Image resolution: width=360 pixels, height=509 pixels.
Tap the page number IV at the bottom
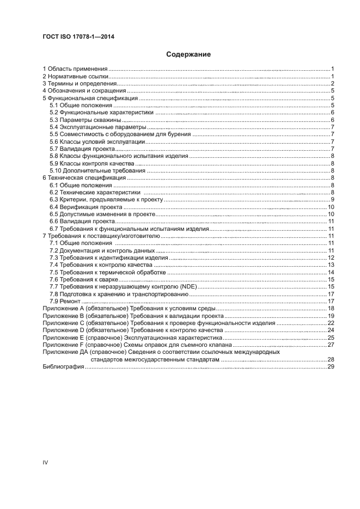coord(45,463)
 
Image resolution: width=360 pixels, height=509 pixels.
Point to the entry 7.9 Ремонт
coord(65,301)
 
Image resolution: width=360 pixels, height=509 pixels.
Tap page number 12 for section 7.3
coord(330,257)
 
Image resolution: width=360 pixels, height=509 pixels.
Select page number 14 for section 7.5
coord(330,272)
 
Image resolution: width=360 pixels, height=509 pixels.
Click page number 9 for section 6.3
coord(332,200)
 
